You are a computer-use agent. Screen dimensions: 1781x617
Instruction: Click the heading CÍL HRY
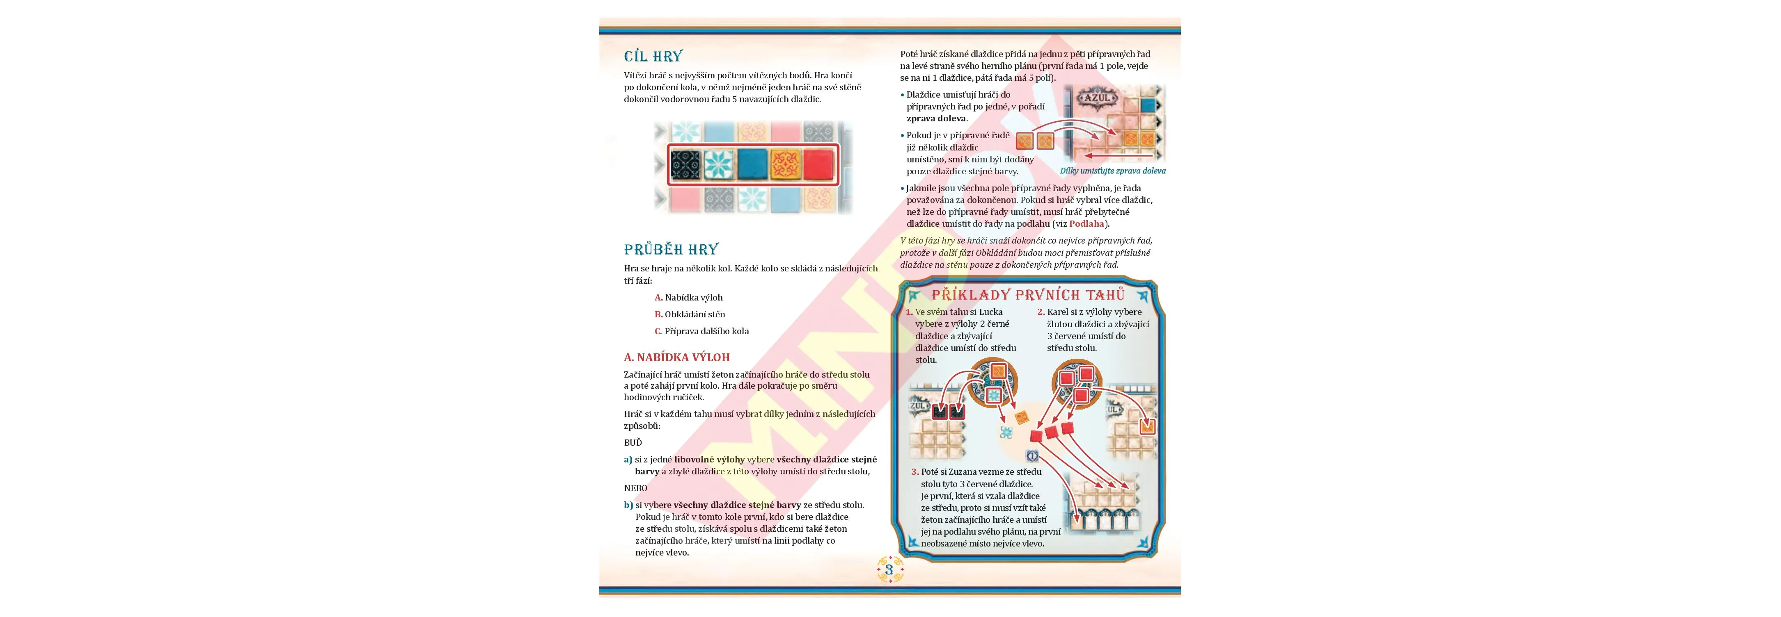click(653, 56)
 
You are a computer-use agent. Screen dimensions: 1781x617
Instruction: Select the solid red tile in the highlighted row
click(818, 164)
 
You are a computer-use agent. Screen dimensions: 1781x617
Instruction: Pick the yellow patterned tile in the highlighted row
click(785, 164)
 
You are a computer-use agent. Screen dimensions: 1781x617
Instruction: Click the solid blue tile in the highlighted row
click(752, 164)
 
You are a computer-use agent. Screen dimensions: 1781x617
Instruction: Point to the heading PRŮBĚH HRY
click(672, 249)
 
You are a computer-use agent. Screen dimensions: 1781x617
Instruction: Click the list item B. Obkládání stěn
click(680, 314)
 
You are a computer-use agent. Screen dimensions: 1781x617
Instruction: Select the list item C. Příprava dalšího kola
click(702, 331)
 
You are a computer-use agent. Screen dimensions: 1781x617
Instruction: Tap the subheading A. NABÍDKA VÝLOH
click(677, 357)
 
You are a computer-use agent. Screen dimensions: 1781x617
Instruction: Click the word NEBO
click(635, 488)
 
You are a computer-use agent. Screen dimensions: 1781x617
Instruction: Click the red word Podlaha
click(1087, 224)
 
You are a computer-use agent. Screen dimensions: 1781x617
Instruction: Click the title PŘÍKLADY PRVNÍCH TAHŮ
click(1028, 295)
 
